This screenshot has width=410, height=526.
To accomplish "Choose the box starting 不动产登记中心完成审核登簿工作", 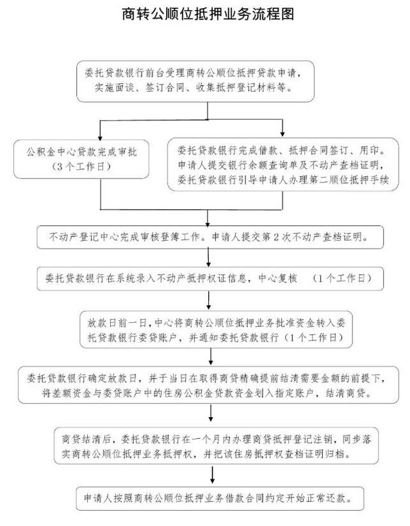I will click(x=211, y=238).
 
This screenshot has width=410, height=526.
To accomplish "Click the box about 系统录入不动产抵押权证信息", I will click(x=211, y=279).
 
